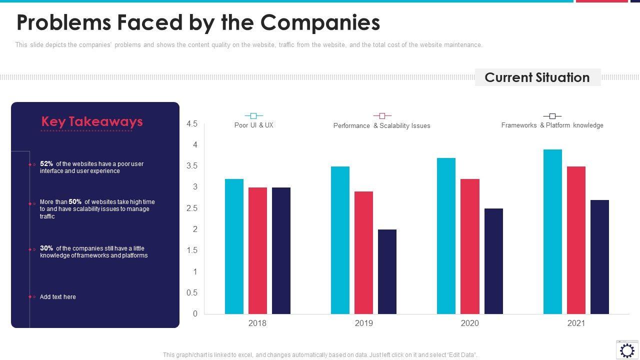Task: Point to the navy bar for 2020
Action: coord(493,261)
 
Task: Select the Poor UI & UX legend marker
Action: coord(253,116)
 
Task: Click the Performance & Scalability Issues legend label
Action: coord(381,126)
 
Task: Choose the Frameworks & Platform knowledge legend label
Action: coord(552,125)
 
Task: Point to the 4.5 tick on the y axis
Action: coord(192,124)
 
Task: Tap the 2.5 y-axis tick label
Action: coord(192,208)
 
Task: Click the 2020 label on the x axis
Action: coord(469,323)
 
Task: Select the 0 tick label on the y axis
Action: coord(195,314)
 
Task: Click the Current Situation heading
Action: coord(537,77)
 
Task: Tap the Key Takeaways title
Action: coord(92,121)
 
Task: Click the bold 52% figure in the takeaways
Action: coord(46,164)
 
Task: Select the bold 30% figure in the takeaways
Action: coord(46,248)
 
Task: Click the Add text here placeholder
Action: coord(58,297)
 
